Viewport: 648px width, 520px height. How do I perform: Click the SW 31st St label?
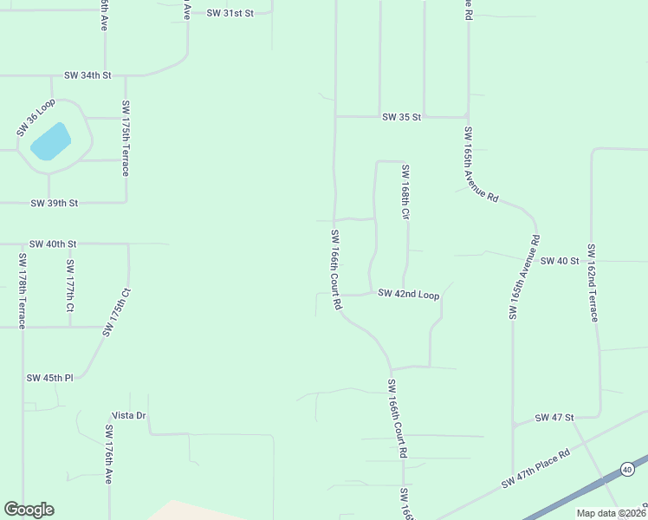point(230,13)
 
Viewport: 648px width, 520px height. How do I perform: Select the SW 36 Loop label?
point(36,117)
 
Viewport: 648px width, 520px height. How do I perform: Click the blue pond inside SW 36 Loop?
point(51,140)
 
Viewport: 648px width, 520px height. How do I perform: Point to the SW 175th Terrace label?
point(126,139)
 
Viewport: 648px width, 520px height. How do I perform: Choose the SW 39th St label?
point(55,203)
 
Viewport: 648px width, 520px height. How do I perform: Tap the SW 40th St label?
point(53,244)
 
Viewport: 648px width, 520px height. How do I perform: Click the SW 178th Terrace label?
point(22,287)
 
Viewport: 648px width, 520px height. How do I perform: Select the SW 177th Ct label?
point(70,285)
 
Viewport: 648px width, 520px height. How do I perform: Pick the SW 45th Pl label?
point(50,378)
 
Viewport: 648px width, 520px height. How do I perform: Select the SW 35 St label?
point(401,117)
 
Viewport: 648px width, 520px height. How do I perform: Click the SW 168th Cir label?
point(405,192)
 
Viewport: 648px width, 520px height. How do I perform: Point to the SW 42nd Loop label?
point(409,295)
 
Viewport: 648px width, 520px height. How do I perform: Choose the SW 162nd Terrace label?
point(593,282)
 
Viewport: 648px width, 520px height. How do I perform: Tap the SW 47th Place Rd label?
point(535,468)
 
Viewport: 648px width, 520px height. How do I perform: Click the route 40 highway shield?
point(626,469)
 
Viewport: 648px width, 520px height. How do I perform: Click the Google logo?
point(29,510)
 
